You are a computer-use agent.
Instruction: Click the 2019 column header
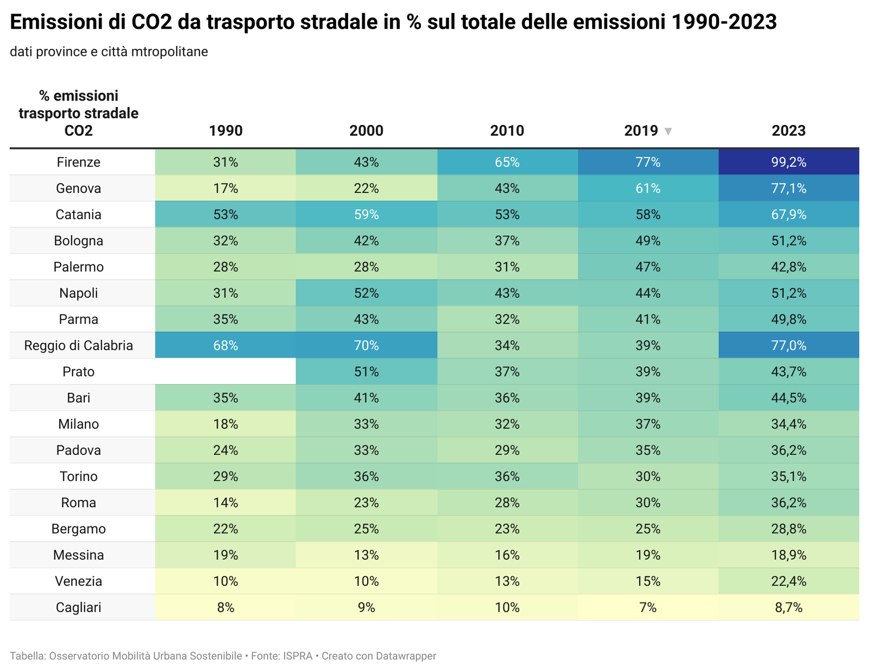point(641,131)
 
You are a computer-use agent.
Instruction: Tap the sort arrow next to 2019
point(669,131)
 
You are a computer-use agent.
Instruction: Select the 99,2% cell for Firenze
point(789,162)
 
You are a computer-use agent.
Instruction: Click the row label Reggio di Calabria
point(79,346)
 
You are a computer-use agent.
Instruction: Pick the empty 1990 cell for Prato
point(225,372)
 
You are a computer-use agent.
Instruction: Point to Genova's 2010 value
point(507,189)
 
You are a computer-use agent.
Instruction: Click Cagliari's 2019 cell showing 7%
point(648,607)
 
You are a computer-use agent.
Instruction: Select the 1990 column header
point(225,131)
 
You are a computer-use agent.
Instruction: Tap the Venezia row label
point(79,581)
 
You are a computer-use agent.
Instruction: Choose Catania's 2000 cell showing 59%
point(367,215)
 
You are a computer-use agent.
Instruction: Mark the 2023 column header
point(789,131)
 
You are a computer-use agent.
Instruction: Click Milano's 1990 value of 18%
point(225,424)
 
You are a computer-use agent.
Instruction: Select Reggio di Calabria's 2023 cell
point(789,346)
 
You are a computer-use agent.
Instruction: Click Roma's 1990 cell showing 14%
point(225,503)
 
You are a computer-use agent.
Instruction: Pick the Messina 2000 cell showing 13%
point(367,555)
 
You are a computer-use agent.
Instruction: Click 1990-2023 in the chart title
point(724,22)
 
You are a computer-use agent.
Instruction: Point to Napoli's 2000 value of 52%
point(367,293)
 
